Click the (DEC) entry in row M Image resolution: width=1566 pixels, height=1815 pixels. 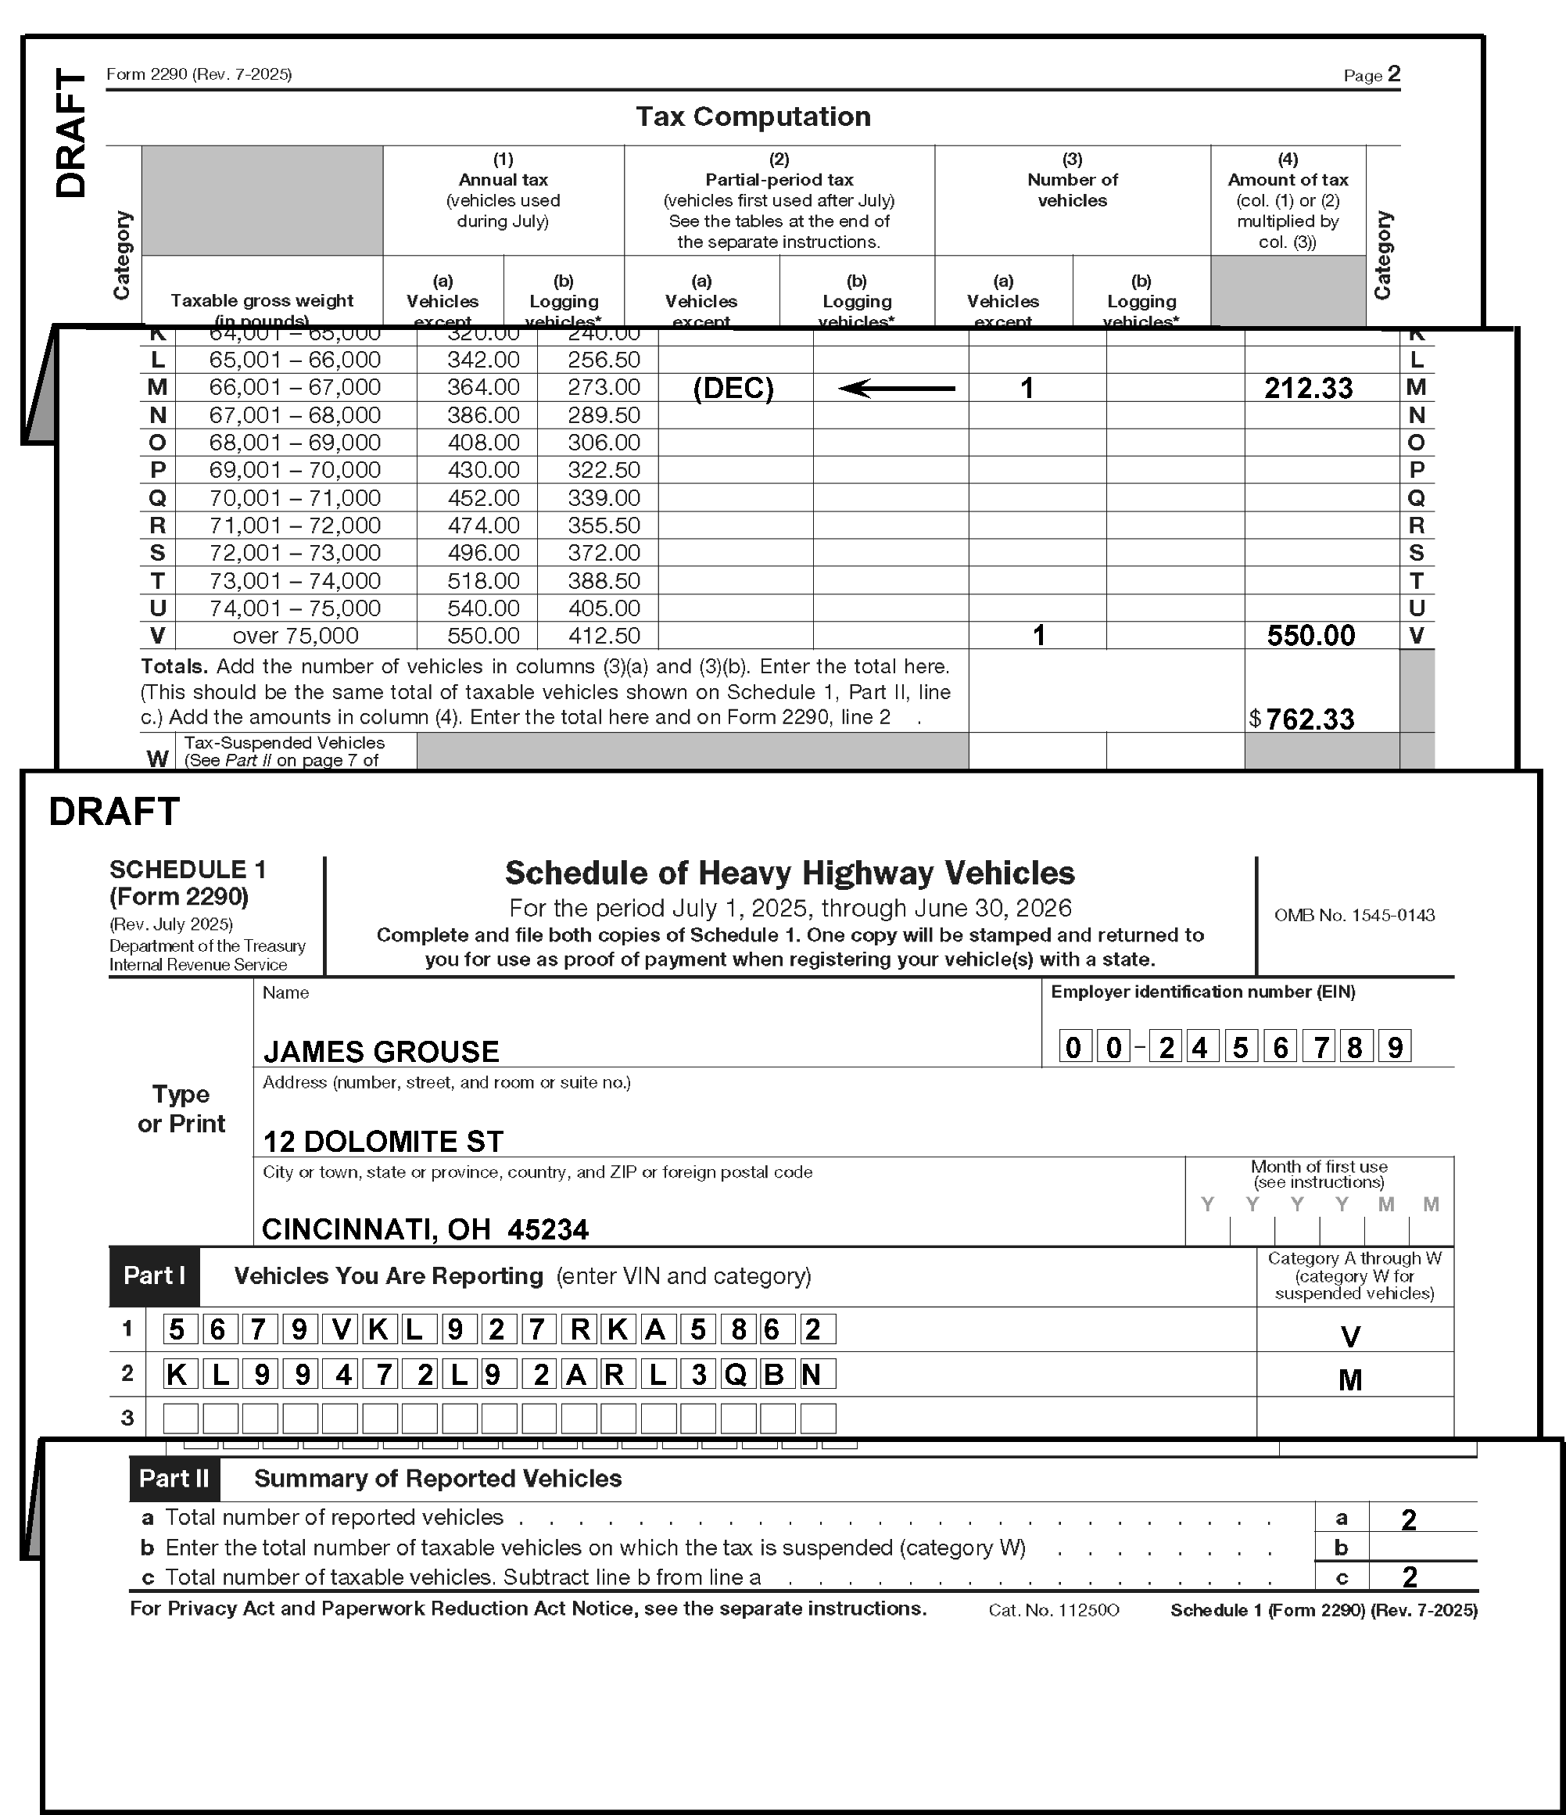(733, 388)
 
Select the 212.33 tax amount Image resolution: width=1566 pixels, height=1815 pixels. (1308, 388)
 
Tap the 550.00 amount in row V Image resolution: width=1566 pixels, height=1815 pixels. (1310, 636)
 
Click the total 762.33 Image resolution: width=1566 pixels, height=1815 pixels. (1310, 719)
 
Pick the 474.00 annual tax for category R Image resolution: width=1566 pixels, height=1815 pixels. (482, 525)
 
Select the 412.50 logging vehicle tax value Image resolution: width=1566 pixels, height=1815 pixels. (604, 636)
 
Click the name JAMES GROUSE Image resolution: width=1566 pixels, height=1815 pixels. (381, 1051)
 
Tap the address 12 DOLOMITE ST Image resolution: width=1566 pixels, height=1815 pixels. (383, 1142)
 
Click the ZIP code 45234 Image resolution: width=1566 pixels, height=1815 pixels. (547, 1230)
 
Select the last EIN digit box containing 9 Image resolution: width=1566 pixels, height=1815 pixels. (1394, 1047)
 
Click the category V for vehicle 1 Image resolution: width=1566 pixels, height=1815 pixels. (1349, 1336)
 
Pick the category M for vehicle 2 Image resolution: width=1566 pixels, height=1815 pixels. (1349, 1380)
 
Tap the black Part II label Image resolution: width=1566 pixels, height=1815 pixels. (174, 1479)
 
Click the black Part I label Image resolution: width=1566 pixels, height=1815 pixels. (154, 1275)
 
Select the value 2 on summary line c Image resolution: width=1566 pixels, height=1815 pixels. (1408, 1577)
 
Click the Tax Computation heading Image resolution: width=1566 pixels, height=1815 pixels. (752, 117)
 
